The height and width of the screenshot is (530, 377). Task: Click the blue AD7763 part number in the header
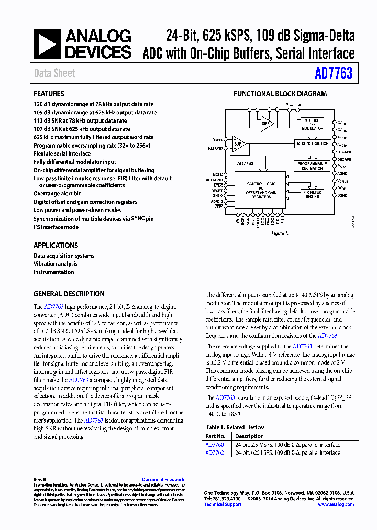334,73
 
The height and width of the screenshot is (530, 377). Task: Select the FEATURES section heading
49,94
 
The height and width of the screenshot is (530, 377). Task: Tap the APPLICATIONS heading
56,245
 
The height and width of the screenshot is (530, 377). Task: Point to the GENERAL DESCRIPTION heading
69,294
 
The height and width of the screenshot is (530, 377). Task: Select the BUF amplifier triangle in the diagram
239,144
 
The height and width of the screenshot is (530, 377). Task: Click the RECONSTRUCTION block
312,143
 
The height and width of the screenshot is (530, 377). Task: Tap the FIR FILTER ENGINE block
312,195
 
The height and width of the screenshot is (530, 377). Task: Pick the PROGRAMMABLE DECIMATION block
312,166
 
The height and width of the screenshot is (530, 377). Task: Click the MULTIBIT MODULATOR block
312,124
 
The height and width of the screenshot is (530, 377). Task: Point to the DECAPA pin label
344,152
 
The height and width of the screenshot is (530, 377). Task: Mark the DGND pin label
341,195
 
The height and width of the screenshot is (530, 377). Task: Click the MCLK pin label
218,174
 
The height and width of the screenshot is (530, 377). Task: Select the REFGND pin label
215,148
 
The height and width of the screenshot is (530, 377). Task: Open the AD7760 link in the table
214,445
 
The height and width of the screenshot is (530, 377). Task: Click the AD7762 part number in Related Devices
214,452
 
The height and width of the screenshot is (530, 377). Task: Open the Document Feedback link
163,480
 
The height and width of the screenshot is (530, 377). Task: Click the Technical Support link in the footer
223,504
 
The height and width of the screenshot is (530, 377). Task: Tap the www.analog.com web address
336,504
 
